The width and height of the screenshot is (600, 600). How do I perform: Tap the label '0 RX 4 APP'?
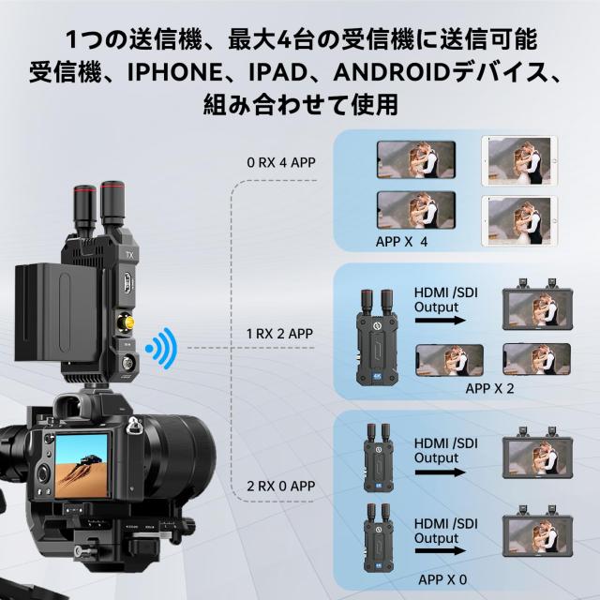tap(281, 162)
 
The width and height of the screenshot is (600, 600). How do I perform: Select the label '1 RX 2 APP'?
tap(279, 334)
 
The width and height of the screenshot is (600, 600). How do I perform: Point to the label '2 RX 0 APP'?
tap(281, 486)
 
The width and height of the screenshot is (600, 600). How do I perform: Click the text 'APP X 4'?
tap(401, 242)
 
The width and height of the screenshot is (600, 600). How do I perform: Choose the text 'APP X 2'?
tap(489, 388)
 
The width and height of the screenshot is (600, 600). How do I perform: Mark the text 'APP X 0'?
tap(442, 579)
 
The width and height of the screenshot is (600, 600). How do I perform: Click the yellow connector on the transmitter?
tap(127, 322)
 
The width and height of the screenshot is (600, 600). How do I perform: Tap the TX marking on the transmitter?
tap(129, 255)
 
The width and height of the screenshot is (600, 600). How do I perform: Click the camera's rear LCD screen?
tap(82, 466)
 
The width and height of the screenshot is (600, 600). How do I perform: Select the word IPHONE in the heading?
tap(175, 72)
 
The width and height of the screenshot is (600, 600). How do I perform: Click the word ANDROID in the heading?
tap(392, 72)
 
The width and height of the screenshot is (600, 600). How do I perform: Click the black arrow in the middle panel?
tap(440, 321)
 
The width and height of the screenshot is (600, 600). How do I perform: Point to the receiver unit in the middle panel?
tap(373, 337)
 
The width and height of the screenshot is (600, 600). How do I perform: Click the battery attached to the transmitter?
tap(58, 312)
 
